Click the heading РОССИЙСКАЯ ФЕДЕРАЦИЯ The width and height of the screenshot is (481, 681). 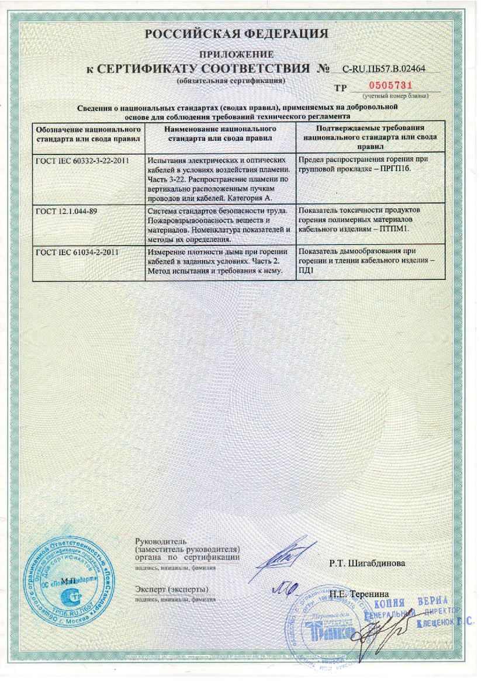pos(236,34)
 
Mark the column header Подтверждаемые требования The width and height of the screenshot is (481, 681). pos(369,128)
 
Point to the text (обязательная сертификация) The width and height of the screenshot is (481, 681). pos(230,80)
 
